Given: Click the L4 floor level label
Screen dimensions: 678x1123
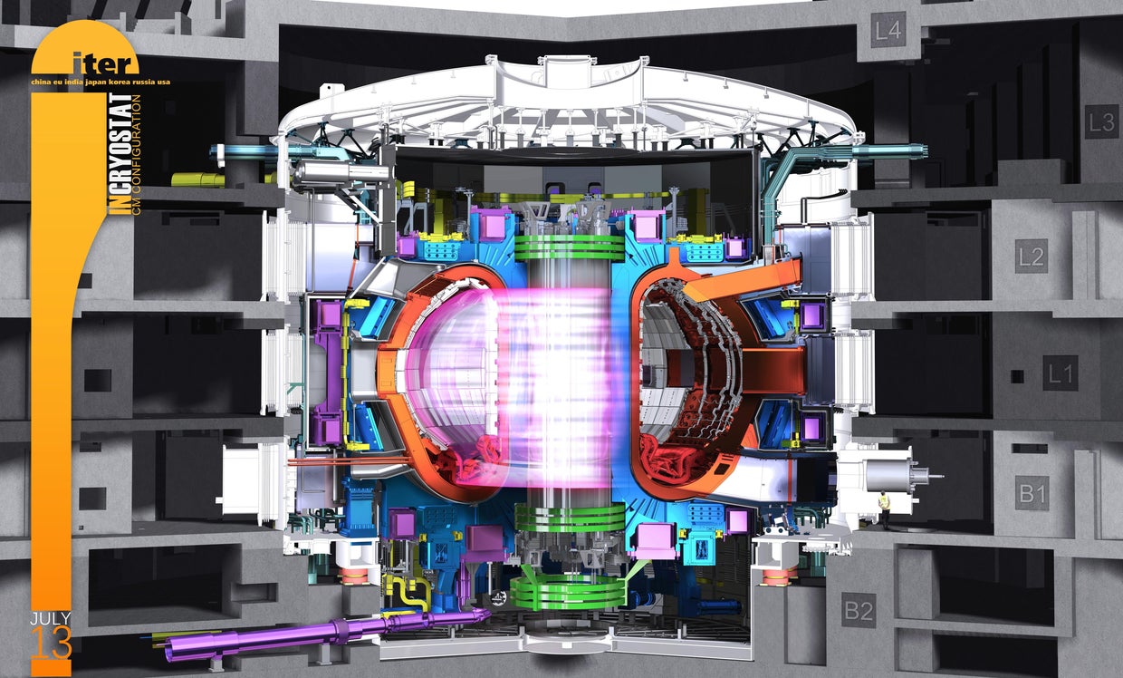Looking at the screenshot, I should coord(888,33).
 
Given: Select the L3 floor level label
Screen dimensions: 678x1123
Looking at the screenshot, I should coord(1101,121).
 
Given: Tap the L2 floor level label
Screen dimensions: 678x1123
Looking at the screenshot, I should coord(1031,257).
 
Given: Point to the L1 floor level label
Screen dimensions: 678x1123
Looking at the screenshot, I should coord(1060,373).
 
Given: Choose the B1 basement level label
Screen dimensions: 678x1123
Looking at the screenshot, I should coord(1032,493).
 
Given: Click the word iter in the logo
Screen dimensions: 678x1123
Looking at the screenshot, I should coord(108,63).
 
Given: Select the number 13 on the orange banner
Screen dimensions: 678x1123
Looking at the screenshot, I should coord(51,644).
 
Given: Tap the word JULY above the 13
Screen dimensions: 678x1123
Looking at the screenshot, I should coord(51,619).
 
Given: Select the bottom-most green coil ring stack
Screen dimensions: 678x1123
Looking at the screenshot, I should coord(568,592).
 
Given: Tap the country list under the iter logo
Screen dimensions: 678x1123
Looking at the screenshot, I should coord(101,81).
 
